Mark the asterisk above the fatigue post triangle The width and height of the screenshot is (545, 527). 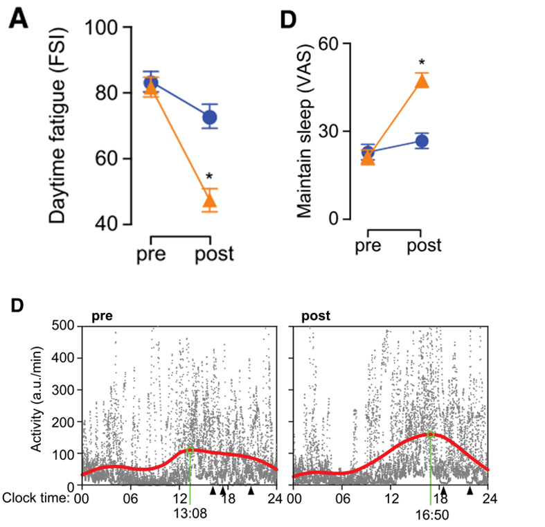click(x=208, y=177)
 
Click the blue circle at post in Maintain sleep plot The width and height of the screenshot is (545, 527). click(x=422, y=141)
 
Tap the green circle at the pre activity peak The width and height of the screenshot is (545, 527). click(x=190, y=451)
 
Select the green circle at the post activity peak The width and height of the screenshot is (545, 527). click(x=431, y=434)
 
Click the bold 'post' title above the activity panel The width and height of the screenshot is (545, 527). click(x=316, y=316)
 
